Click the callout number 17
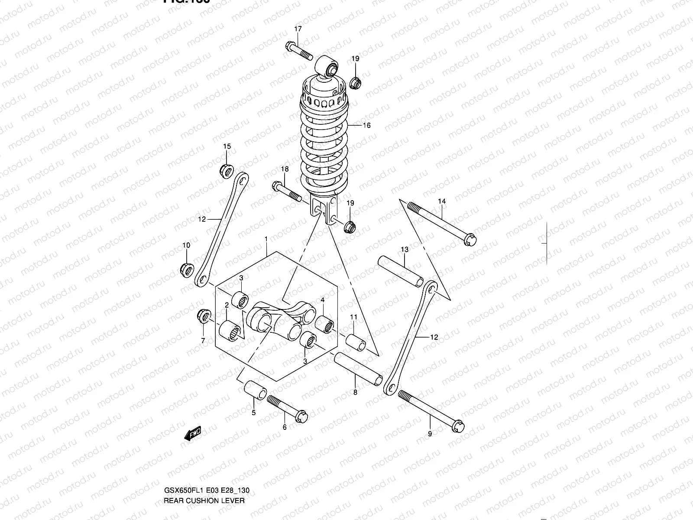pyautogui.click(x=298, y=29)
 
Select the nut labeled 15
pyautogui.click(x=226, y=170)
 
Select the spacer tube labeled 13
pyautogui.click(x=401, y=271)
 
